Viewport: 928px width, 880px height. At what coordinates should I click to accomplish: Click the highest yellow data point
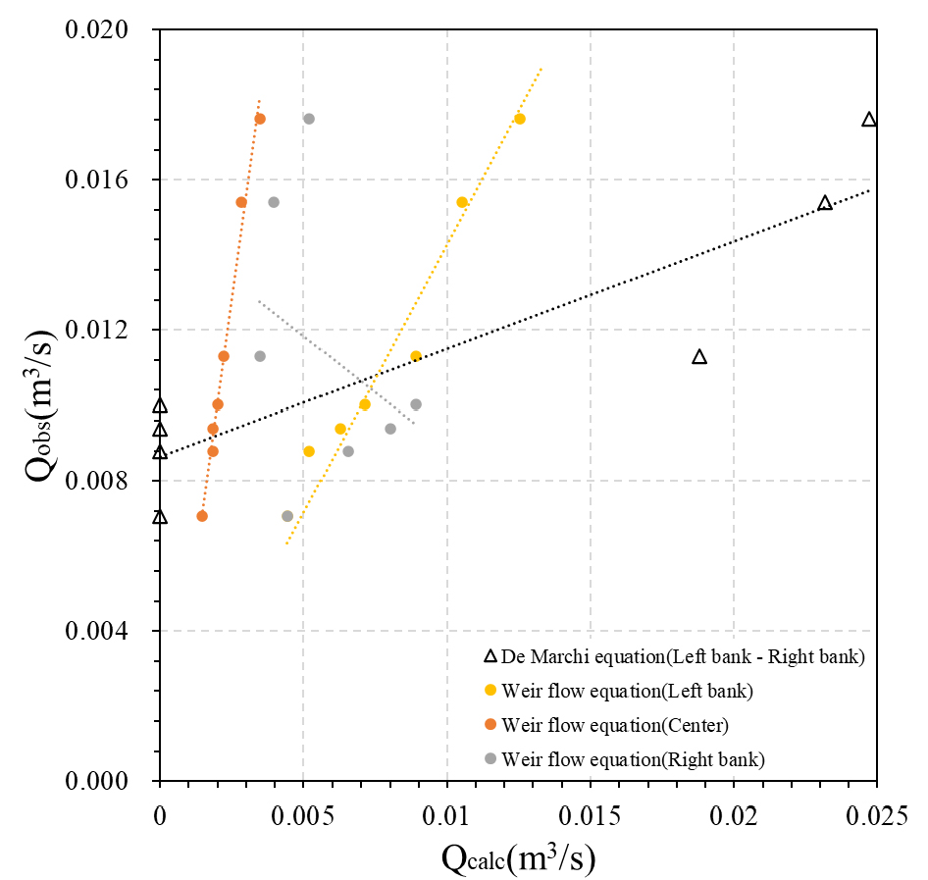[x=520, y=119]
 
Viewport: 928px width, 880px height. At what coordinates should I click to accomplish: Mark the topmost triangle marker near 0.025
[x=868, y=120]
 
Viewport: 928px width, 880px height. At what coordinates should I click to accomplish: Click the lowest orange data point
[x=202, y=516]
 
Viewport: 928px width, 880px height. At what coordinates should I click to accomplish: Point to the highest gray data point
[x=309, y=119]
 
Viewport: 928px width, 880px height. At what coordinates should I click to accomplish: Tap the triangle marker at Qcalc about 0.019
[x=699, y=356]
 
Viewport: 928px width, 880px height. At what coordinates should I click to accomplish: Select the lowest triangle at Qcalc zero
[x=160, y=517]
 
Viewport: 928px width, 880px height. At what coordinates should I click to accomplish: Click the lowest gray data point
[x=287, y=516]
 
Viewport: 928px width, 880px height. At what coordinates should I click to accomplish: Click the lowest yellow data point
[x=309, y=451]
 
